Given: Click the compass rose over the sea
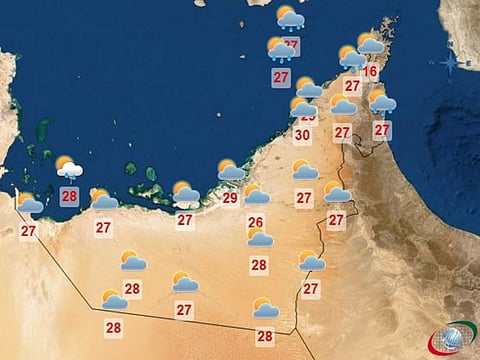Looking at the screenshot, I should pyautogui.click(x=450, y=63).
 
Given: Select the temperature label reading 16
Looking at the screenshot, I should pyautogui.click(x=371, y=72).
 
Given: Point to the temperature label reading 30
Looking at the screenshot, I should pyautogui.click(x=303, y=134).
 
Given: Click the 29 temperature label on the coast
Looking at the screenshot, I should pyautogui.click(x=230, y=198).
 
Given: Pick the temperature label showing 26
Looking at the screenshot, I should pyautogui.click(x=255, y=222).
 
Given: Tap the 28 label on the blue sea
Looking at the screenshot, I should pyautogui.click(x=69, y=196).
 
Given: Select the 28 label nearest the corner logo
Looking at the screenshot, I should pyautogui.click(x=265, y=336).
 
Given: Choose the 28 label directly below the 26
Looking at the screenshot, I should pyautogui.click(x=259, y=265).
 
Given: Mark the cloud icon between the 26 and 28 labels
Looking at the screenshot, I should pyautogui.click(x=260, y=238).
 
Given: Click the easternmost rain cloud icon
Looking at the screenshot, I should pyautogui.click(x=382, y=102).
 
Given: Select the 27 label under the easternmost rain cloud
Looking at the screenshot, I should pyautogui.click(x=382, y=129).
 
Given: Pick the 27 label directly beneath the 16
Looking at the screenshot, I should pyautogui.click(x=352, y=86).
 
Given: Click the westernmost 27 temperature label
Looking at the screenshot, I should pyautogui.click(x=28, y=231).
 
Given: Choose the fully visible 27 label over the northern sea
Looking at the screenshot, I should pyautogui.click(x=281, y=76).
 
